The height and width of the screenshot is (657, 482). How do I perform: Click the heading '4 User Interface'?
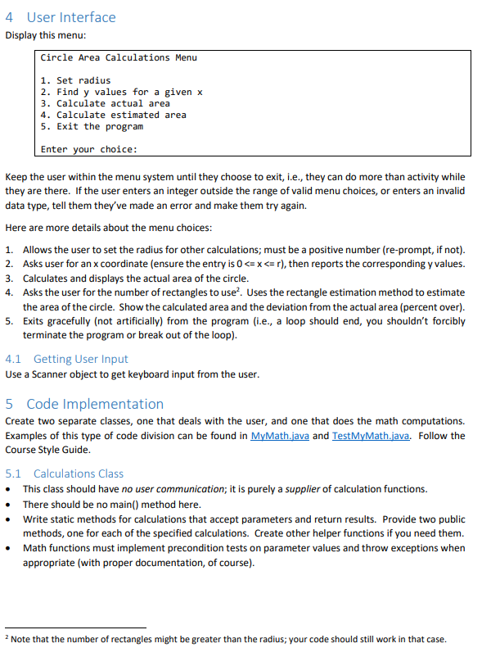61,17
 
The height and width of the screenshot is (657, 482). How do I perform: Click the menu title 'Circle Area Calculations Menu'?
119,57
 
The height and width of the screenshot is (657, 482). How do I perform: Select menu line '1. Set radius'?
75,80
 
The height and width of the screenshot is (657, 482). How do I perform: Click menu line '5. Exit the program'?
92,126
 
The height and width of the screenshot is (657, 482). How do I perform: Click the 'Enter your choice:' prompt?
88,149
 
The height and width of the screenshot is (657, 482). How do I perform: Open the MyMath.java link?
279,436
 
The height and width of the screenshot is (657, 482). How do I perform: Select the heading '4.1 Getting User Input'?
67,359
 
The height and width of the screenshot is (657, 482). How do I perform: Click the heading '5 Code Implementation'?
85,404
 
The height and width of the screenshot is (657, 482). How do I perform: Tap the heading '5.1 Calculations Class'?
65,473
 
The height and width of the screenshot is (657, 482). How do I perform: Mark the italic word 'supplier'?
307,489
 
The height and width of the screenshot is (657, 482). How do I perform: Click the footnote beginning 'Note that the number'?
229,640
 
